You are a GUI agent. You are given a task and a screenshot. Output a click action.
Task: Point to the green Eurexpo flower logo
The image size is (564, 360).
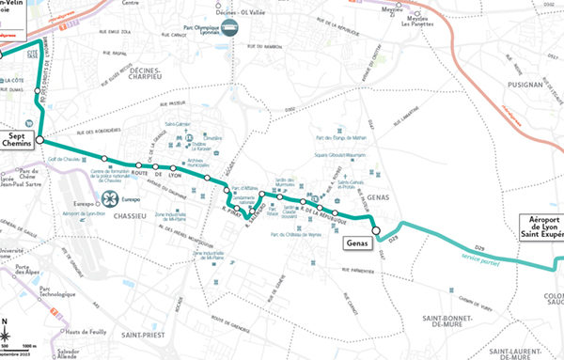click(111, 198)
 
